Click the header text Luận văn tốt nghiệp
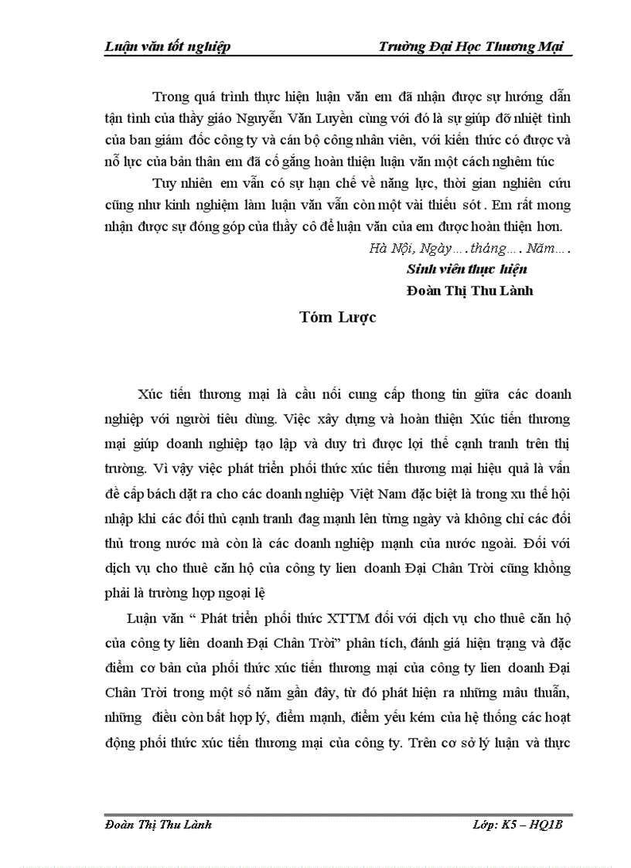click(x=167, y=46)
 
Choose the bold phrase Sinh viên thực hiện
click(x=466, y=270)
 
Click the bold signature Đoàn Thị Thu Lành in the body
click(x=469, y=291)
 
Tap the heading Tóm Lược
click(x=339, y=318)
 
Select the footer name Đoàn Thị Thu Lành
click(x=158, y=825)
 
